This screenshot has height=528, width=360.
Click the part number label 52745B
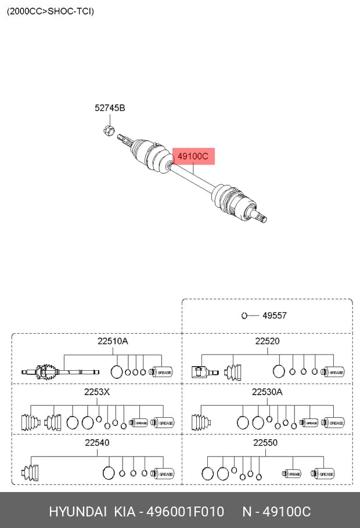point(110,108)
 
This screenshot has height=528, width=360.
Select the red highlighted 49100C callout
point(193,156)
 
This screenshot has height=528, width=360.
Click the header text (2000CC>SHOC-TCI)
point(50,11)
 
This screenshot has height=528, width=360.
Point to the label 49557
point(275,316)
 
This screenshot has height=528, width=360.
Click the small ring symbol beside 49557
point(244,316)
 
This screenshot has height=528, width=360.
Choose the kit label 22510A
point(113,341)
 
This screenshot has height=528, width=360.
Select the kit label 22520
point(267,341)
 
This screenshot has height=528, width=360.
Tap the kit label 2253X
point(97,392)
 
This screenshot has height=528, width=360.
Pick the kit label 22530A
point(267,392)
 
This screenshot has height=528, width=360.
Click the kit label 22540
point(97,443)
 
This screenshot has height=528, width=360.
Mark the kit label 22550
point(265,443)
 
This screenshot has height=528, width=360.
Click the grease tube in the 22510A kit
point(161,372)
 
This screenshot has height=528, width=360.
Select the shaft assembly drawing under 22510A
point(60,372)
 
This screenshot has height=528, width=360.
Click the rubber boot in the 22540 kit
point(30,472)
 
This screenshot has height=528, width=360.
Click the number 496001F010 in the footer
point(185,512)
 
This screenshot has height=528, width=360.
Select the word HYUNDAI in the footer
point(78,512)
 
